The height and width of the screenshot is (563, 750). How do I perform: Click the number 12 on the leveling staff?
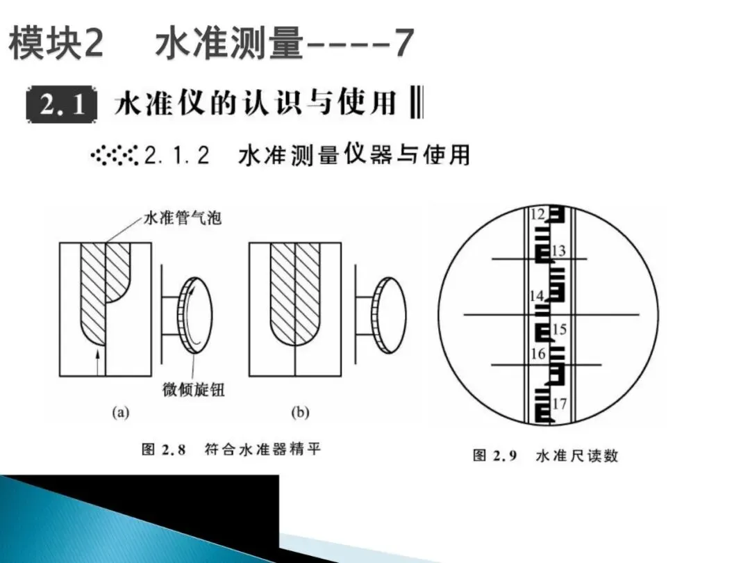point(537,215)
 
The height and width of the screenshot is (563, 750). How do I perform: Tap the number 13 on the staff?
point(559,250)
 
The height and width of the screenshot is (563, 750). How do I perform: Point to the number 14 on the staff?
point(537,295)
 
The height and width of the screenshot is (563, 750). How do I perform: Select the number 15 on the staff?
point(560,329)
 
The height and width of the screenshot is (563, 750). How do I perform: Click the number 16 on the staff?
point(538,354)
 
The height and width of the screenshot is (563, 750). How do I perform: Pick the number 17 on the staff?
point(560,403)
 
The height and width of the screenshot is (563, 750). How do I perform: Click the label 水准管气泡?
point(182,218)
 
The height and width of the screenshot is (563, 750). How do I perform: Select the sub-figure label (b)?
point(299,413)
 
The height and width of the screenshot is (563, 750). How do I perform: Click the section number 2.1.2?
point(177,155)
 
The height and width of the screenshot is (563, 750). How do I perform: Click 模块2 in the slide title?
point(56,44)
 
